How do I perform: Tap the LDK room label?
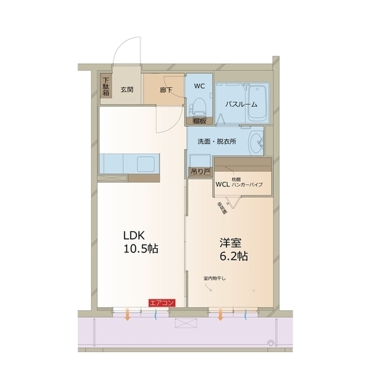coord(133,235)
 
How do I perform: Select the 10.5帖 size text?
coord(140,249)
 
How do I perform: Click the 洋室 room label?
coord(227,241)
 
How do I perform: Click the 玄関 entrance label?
coord(128,90)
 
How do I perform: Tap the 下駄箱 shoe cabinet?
coord(106,87)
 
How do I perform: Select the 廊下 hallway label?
coord(166,90)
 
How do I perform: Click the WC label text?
coord(199,86)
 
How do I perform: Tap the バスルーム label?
coord(241,104)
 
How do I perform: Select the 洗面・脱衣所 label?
coord(216,141)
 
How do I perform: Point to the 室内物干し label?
coord(214,278)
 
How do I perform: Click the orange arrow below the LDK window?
coord(127,316)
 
